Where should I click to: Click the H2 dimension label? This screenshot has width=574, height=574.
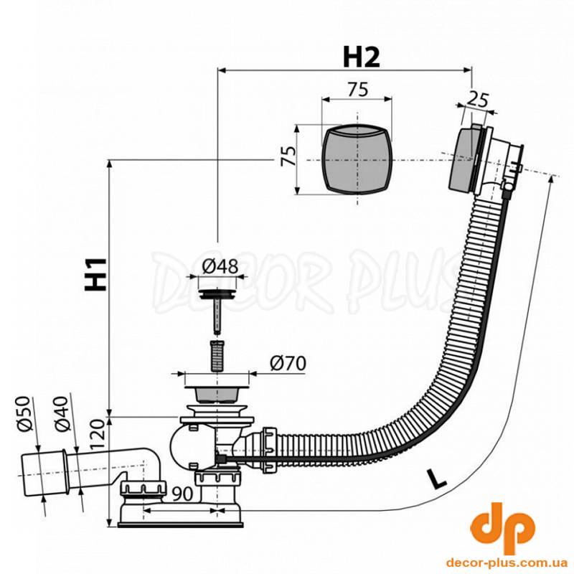click(362, 58)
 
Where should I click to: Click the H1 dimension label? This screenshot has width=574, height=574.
click(96, 274)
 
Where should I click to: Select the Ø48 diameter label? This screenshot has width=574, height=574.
click(220, 266)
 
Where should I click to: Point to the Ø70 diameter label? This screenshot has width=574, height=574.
click(288, 364)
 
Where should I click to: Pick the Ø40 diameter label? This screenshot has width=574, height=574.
click(61, 414)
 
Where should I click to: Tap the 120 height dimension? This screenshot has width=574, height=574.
click(98, 435)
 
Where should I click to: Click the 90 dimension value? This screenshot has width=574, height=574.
click(182, 494)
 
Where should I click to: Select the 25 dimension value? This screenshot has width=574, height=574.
click(477, 100)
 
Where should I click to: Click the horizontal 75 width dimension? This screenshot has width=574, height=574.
click(357, 89)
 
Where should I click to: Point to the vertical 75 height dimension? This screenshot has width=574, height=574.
click(288, 156)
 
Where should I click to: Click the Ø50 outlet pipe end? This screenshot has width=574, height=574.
click(43, 474)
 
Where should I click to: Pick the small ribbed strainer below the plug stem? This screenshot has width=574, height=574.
click(217, 355)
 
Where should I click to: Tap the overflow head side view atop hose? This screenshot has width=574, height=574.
click(485, 159)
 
